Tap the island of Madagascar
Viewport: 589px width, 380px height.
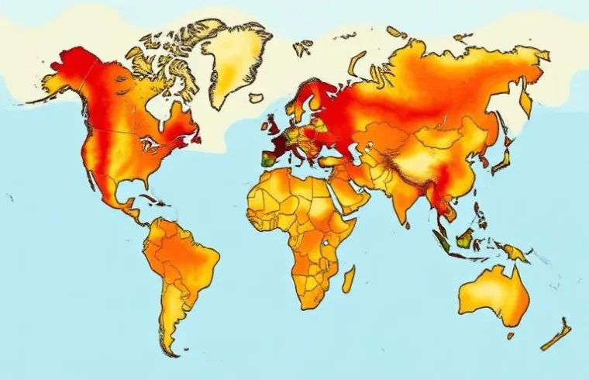pyautogui.click(x=349, y=278)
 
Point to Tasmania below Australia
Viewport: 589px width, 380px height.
pyautogui.click(x=511, y=335)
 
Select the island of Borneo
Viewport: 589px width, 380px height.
pyautogui.click(x=467, y=237)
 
